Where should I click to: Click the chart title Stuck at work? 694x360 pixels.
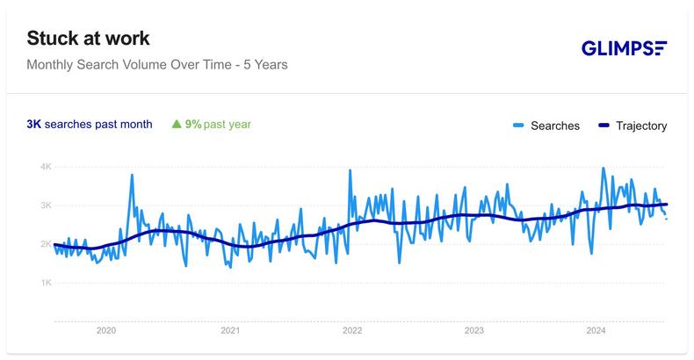[88, 39]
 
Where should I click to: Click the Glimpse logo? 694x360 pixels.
[624, 48]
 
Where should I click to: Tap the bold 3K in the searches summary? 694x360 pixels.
[33, 125]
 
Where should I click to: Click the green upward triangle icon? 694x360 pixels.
[177, 125]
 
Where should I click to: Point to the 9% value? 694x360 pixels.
[192, 125]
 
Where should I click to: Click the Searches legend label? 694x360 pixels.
[556, 126]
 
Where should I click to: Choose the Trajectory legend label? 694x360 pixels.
[640, 126]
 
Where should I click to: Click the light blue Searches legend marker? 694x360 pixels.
[518, 126]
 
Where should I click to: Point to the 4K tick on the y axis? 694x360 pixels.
[46, 167]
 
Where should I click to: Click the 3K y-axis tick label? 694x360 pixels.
[46, 205]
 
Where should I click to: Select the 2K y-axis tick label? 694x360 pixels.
[46, 244]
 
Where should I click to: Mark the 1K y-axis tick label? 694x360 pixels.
[46, 283]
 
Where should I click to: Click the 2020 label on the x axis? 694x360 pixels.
[105, 331]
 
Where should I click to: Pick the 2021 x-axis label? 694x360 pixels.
[229, 331]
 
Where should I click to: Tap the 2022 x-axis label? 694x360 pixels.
[351, 331]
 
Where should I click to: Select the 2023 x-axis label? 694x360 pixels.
[474, 331]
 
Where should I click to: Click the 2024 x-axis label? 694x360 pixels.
[596, 331]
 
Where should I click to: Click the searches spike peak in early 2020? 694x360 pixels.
[132, 175]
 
